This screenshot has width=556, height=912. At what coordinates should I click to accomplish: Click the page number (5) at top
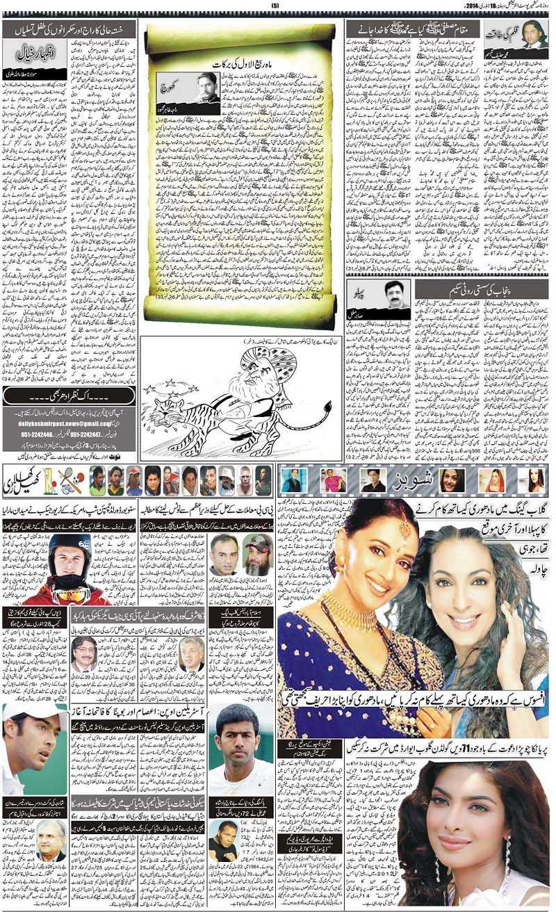coord(274,6)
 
